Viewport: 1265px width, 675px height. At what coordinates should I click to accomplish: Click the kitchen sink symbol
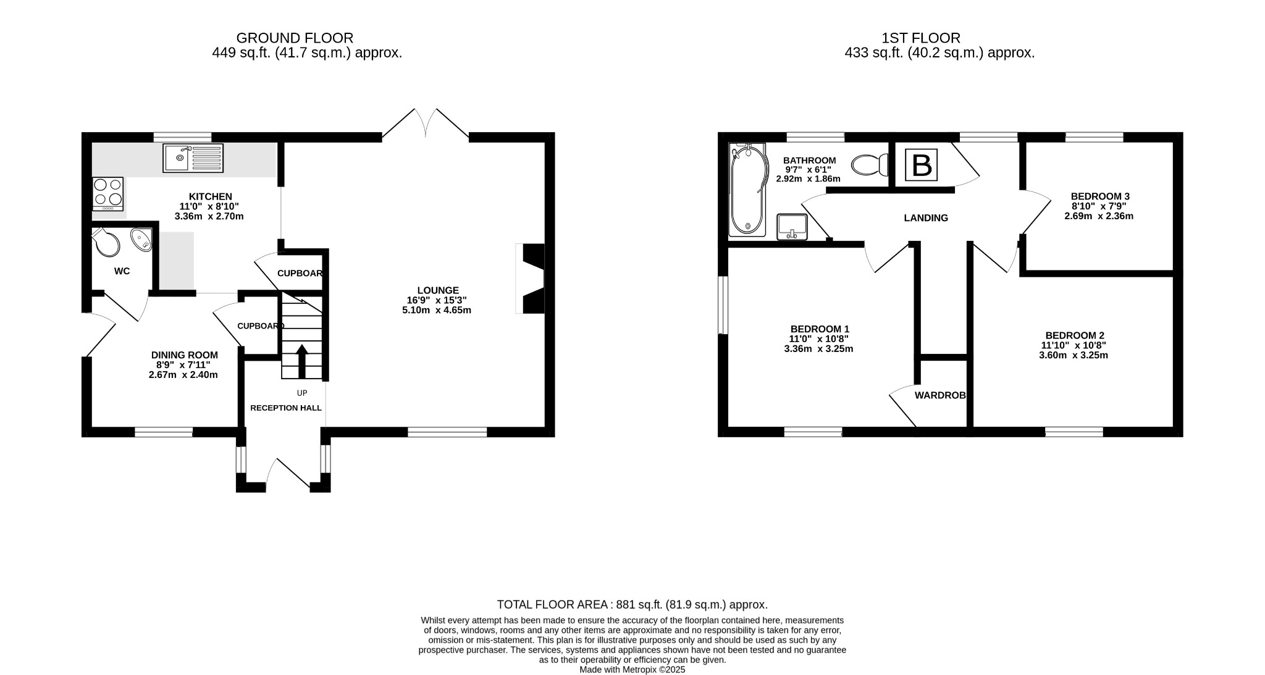[x=193, y=158]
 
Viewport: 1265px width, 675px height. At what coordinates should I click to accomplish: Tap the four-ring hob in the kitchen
[x=107, y=192]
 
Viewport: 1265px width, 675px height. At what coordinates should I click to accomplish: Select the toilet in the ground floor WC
[x=107, y=241]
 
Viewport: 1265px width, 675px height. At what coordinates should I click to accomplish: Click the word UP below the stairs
[x=302, y=393]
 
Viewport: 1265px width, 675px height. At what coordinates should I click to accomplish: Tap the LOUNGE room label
[x=438, y=290]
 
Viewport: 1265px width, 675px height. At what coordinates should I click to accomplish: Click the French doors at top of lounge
[x=426, y=124]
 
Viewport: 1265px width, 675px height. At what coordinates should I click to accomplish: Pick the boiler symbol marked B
[x=922, y=166]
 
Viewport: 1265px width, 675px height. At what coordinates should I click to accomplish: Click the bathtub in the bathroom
[x=747, y=190]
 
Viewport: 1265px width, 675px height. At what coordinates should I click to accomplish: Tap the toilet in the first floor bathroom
[x=870, y=165]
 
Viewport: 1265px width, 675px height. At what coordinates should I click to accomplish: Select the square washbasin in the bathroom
[x=791, y=227]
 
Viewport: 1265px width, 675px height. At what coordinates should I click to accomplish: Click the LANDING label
[x=925, y=218]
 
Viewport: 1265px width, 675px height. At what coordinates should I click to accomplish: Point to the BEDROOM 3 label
[x=1099, y=196]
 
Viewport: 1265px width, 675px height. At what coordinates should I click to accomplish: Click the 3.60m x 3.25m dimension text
[x=1073, y=356]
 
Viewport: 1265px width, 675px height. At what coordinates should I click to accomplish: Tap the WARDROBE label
[x=939, y=395]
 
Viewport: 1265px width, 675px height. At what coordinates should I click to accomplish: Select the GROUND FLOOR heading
[x=295, y=38]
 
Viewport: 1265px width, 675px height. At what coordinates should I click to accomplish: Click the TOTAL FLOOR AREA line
[x=632, y=605]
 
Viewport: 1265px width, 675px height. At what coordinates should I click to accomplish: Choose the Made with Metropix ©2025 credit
[x=632, y=669]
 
